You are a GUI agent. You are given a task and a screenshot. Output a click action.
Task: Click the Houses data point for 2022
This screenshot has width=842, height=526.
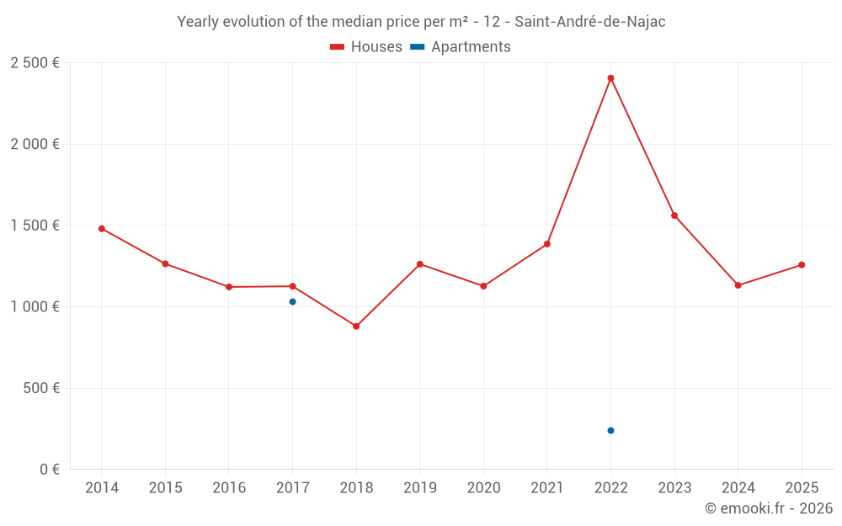click(610, 78)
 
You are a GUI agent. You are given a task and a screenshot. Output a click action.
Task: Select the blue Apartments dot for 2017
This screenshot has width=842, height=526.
click(292, 301)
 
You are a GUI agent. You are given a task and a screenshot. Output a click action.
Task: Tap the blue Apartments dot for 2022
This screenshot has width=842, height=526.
click(610, 430)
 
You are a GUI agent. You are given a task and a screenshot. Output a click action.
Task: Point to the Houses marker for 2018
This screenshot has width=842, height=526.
click(356, 326)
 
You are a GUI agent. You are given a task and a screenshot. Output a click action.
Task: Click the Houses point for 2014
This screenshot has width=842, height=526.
click(102, 228)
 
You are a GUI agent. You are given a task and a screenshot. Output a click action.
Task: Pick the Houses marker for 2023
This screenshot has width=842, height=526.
click(674, 215)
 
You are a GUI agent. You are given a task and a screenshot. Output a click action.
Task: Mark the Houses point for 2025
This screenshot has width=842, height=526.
click(802, 265)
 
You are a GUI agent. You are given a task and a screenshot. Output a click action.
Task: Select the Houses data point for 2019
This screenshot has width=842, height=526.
click(420, 264)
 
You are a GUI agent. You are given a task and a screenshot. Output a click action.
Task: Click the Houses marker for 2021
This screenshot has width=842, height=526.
click(547, 244)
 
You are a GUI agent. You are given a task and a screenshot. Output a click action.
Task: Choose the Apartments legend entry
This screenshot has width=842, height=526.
click(461, 47)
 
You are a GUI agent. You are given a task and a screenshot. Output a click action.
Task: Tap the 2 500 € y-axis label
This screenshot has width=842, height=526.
click(35, 63)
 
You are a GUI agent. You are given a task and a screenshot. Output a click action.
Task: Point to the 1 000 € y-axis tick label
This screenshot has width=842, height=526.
click(35, 307)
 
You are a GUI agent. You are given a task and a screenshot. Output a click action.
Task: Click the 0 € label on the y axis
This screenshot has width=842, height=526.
click(46, 470)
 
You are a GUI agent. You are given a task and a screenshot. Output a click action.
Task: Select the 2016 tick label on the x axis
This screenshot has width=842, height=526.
click(229, 488)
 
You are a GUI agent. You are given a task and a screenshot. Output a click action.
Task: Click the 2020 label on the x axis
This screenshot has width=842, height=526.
click(483, 488)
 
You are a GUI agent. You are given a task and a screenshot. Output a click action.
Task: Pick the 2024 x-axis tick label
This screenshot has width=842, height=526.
click(738, 488)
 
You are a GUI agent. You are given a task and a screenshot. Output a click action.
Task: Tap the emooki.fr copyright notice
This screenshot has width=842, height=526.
click(768, 508)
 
